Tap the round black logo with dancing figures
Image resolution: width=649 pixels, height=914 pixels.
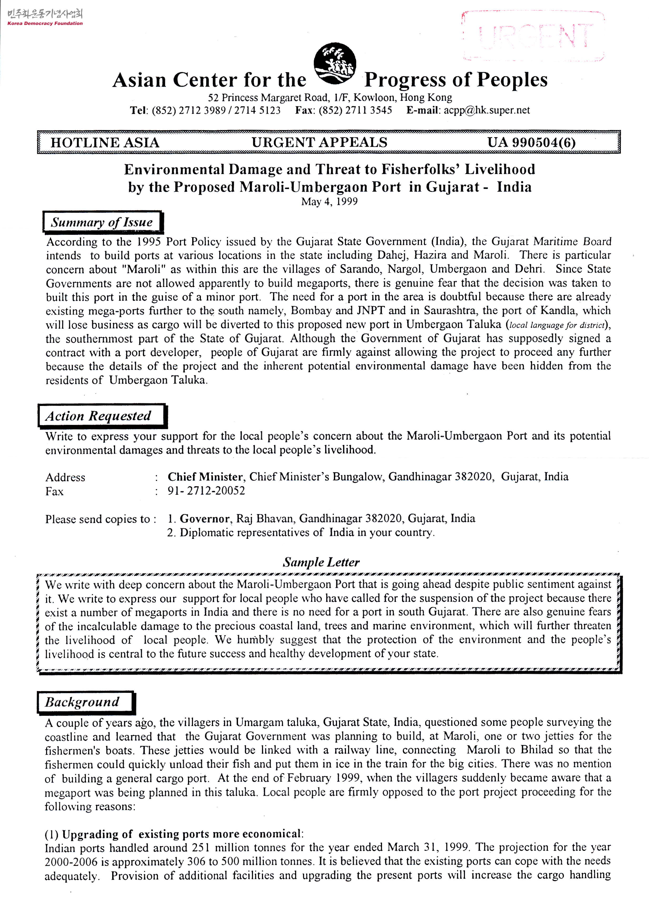point(335,63)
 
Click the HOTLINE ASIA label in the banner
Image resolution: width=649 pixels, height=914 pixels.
point(105,142)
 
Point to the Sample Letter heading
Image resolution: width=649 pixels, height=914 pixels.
point(321,562)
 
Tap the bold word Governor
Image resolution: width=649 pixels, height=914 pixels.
point(205,519)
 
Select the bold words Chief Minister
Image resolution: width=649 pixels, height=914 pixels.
point(205,476)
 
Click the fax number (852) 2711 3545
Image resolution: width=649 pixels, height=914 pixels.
point(355,110)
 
